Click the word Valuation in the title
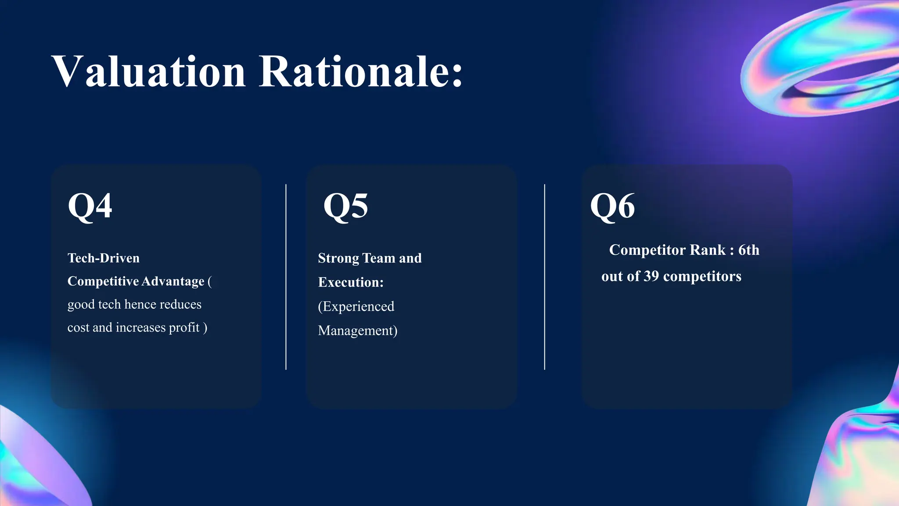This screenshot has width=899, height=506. (148, 72)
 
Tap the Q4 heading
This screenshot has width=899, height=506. (90, 206)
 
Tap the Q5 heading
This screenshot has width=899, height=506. (345, 206)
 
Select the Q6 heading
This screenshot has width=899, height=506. (612, 206)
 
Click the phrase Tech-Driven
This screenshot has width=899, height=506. (104, 258)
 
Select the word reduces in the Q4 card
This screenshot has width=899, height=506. (180, 304)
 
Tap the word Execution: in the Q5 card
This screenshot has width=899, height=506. (351, 282)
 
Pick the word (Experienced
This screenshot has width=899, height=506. (356, 307)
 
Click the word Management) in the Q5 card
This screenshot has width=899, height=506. (357, 331)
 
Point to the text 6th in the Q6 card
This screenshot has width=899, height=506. (748, 250)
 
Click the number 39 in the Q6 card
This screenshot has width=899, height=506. (651, 276)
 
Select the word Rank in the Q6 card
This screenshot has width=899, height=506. (708, 250)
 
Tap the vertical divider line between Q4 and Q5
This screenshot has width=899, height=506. (286, 277)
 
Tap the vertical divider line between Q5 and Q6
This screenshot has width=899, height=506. (544, 277)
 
